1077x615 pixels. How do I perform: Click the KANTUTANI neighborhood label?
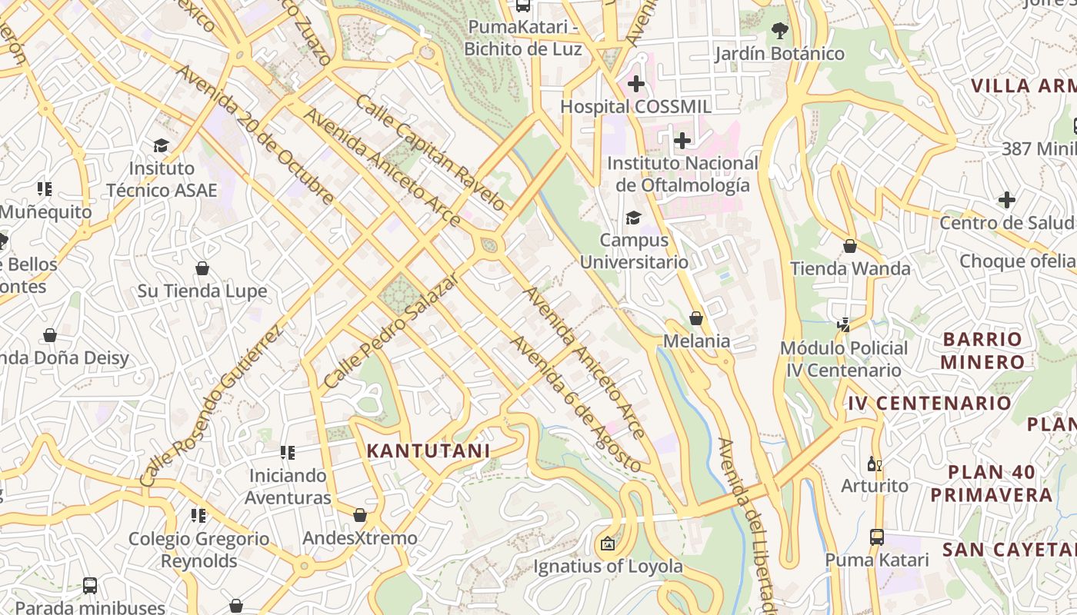click(x=428, y=450)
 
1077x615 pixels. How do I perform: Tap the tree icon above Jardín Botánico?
click(x=779, y=31)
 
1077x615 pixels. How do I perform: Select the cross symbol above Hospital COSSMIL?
click(x=635, y=83)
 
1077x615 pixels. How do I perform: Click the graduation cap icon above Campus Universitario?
click(x=633, y=218)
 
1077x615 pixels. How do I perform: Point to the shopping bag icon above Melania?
click(x=696, y=318)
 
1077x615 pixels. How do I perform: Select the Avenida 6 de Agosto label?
click(x=575, y=404)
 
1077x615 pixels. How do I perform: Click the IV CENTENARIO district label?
click(x=929, y=403)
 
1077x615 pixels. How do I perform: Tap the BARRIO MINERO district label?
click(x=982, y=351)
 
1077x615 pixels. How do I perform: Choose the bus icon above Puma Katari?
click(x=876, y=537)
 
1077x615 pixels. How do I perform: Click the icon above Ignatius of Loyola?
click(x=608, y=544)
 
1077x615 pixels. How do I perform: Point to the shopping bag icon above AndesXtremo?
click(x=359, y=515)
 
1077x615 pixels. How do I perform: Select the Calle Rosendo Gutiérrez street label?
click(x=212, y=404)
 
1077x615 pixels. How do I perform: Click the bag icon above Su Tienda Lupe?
click(x=202, y=268)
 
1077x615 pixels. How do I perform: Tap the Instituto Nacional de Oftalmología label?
click(x=682, y=175)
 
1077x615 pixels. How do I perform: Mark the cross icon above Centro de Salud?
click(x=1007, y=200)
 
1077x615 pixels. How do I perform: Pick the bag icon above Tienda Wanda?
click(x=850, y=246)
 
